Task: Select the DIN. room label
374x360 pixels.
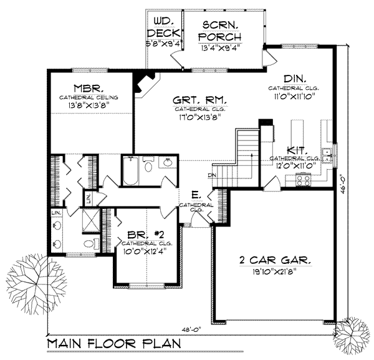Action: coord(294,79)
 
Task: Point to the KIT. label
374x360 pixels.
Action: coord(295,150)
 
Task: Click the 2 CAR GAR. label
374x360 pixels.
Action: coord(276,260)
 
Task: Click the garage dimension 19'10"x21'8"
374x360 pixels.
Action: coord(276,271)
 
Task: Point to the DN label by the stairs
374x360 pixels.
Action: coord(212,175)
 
